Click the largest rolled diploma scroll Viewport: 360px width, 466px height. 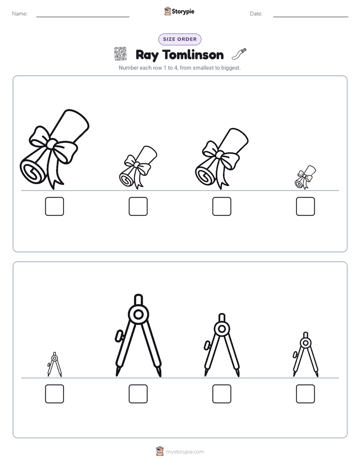pyautogui.click(x=54, y=149)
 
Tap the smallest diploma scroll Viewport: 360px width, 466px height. pyautogui.click(x=305, y=178)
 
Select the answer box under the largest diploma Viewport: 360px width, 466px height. pyautogui.click(x=54, y=206)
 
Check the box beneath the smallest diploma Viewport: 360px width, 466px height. pyautogui.click(x=306, y=206)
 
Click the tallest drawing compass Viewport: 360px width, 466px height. pyautogui.click(x=138, y=335)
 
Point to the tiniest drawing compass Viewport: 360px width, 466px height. pyautogui.click(x=54, y=364)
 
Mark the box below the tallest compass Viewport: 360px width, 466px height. pyautogui.click(x=138, y=394)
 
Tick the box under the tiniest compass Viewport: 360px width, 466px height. pyautogui.click(x=54, y=394)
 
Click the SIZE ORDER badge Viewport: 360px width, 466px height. pyautogui.click(x=179, y=39)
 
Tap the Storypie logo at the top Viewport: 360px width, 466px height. pyautogui.click(x=179, y=12)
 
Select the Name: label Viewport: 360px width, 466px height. pyautogui.click(x=20, y=14)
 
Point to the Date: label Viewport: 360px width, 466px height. pyautogui.click(x=256, y=14)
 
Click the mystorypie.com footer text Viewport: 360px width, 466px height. pyautogui.click(x=185, y=452)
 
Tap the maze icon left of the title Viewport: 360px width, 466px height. pyautogui.click(x=121, y=54)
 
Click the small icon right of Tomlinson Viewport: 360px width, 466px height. pyautogui.click(x=239, y=53)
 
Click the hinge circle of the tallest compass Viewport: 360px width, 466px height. pyautogui.click(x=138, y=314)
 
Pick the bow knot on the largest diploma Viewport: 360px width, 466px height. pyautogui.click(x=52, y=144)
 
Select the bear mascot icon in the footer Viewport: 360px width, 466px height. pyautogui.click(x=160, y=451)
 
